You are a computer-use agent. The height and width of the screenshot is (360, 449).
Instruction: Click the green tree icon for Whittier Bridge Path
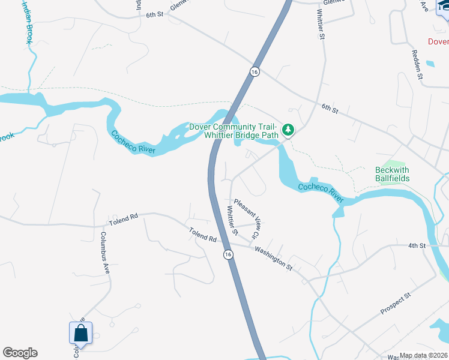click(x=288, y=130)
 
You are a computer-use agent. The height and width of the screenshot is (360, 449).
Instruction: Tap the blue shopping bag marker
click(x=80, y=333)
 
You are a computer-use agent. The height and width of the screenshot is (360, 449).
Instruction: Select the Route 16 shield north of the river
click(x=255, y=71)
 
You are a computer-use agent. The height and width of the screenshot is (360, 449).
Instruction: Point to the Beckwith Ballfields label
click(x=392, y=174)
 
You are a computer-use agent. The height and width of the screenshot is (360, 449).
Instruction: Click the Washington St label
click(x=273, y=258)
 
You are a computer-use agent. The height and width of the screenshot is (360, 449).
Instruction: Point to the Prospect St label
click(x=394, y=304)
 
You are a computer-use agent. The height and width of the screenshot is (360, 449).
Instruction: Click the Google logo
click(x=20, y=353)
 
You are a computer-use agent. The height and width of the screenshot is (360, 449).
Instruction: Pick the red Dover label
click(x=438, y=41)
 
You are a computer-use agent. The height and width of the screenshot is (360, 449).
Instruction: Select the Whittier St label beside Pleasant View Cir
click(x=232, y=220)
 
